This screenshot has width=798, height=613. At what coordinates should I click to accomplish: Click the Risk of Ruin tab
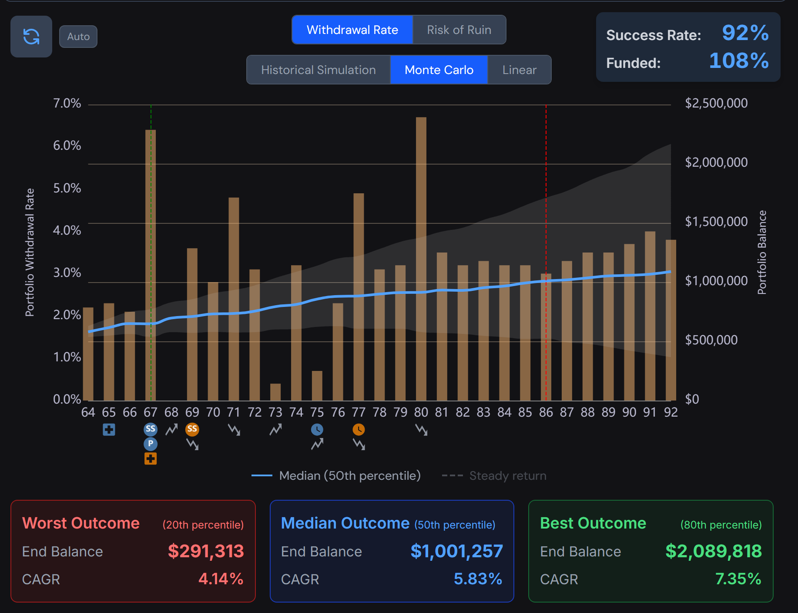click(x=459, y=30)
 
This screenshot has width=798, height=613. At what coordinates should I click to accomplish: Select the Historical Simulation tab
click(x=319, y=70)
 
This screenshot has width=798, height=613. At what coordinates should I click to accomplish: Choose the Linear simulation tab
click(x=519, y=70)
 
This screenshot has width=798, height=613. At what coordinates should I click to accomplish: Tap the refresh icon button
click(x=31, y=37)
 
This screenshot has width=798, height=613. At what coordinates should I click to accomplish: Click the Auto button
click(x=78, y=37)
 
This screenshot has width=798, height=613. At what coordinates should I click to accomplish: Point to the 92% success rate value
click(x=745, y=33)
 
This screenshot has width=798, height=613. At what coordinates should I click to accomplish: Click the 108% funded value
click(x=739, y=61)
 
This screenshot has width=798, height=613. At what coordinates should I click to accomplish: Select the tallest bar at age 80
click(x=421, y=259)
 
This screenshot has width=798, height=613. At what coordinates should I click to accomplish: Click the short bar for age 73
click(x=275, y=392)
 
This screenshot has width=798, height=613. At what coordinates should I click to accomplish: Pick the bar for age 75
click(x=317, y=386)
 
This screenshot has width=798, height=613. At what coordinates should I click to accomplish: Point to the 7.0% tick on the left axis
click(x=67, y=104)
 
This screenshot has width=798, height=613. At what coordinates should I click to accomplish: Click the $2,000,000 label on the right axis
click(x=716, y=162)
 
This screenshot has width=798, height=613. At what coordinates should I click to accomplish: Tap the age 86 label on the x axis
click(x=546, y=412)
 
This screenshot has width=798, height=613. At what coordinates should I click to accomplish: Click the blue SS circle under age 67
click(x=151, y=429)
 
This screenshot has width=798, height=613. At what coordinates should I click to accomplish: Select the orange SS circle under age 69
click(x=192, y=429)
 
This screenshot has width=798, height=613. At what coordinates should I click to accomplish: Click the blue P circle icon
click(x=151, y=444)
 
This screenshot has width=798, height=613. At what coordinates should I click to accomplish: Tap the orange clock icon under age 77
click(x=359, y=430)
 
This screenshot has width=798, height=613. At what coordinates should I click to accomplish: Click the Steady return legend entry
click(x=494, y=476)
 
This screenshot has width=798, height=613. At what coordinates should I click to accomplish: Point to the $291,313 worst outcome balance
click(x=206, y=551)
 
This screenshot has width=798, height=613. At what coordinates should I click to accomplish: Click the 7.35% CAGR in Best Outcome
click(x=738, y=579)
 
